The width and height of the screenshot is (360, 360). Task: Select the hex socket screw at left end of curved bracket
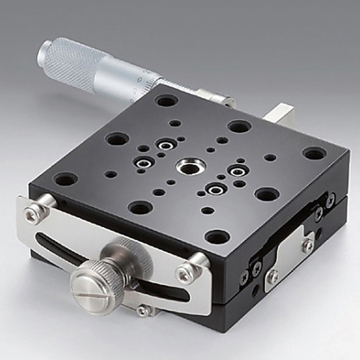pos(32,216)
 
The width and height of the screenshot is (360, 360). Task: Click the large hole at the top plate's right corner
pos(314,153)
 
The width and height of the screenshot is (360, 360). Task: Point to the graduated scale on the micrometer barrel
pos(139,83)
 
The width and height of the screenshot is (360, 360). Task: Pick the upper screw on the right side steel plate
pos(307,245)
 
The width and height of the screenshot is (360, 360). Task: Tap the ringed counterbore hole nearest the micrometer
pos(165,145)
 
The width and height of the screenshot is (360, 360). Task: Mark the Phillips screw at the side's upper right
pos(330,199)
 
